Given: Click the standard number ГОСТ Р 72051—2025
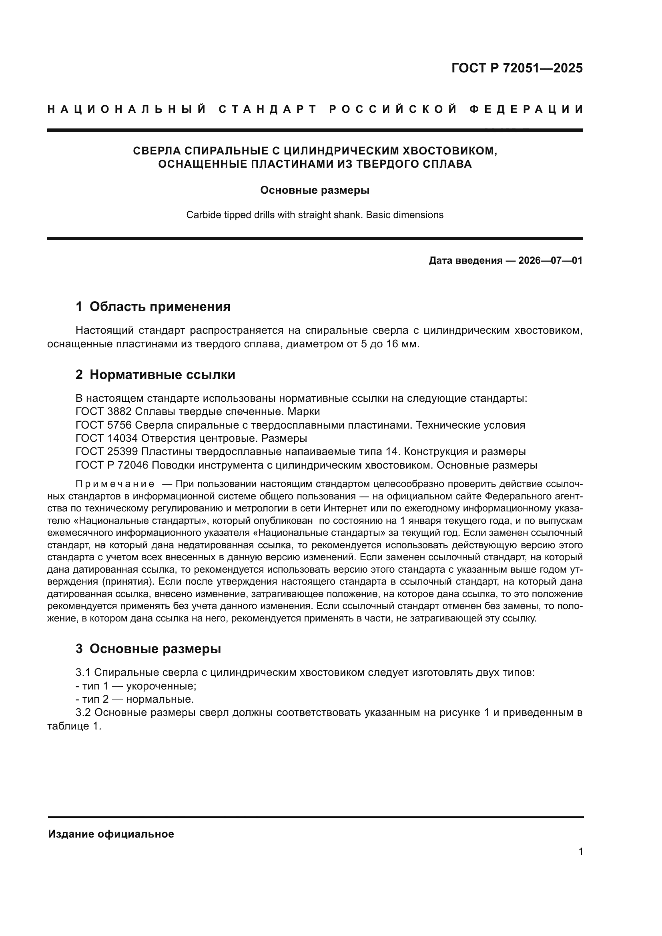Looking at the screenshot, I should [517, 68].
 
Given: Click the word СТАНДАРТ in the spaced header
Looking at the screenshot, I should [268, 109].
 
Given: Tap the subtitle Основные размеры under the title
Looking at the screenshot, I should [315, 190].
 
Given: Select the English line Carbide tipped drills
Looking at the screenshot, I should [315, 215].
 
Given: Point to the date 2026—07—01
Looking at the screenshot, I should [550, 261].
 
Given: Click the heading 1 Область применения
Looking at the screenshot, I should [153, 307].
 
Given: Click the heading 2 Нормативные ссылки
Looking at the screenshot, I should [155, 374].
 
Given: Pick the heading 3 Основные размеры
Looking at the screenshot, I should [148, 649].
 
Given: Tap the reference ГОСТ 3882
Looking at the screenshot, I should [104, 412].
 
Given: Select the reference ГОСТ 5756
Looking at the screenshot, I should [104, 425].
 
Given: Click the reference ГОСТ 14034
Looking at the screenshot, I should [107, 438].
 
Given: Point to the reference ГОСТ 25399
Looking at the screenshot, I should [107, 452].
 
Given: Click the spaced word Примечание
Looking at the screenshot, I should [115, 484].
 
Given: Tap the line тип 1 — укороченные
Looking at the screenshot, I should [136, 686].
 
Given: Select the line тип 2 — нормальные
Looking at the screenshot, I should [135, 699].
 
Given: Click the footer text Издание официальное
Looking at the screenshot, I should [111, 834].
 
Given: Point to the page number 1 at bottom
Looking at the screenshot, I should [580, 852].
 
